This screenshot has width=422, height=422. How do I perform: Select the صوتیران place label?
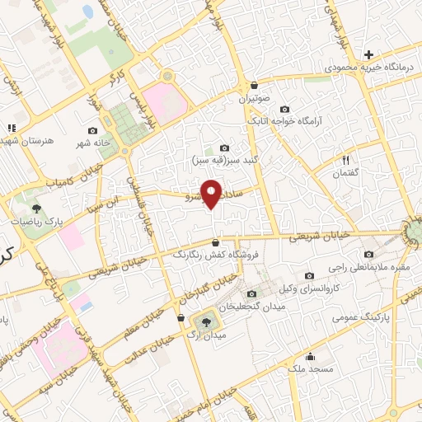(254, 98)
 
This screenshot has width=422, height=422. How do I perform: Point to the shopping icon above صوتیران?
(254, 85)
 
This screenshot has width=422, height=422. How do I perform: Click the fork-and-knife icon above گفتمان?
(345, 160)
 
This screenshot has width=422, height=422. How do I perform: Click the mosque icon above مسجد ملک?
(310, 357)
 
